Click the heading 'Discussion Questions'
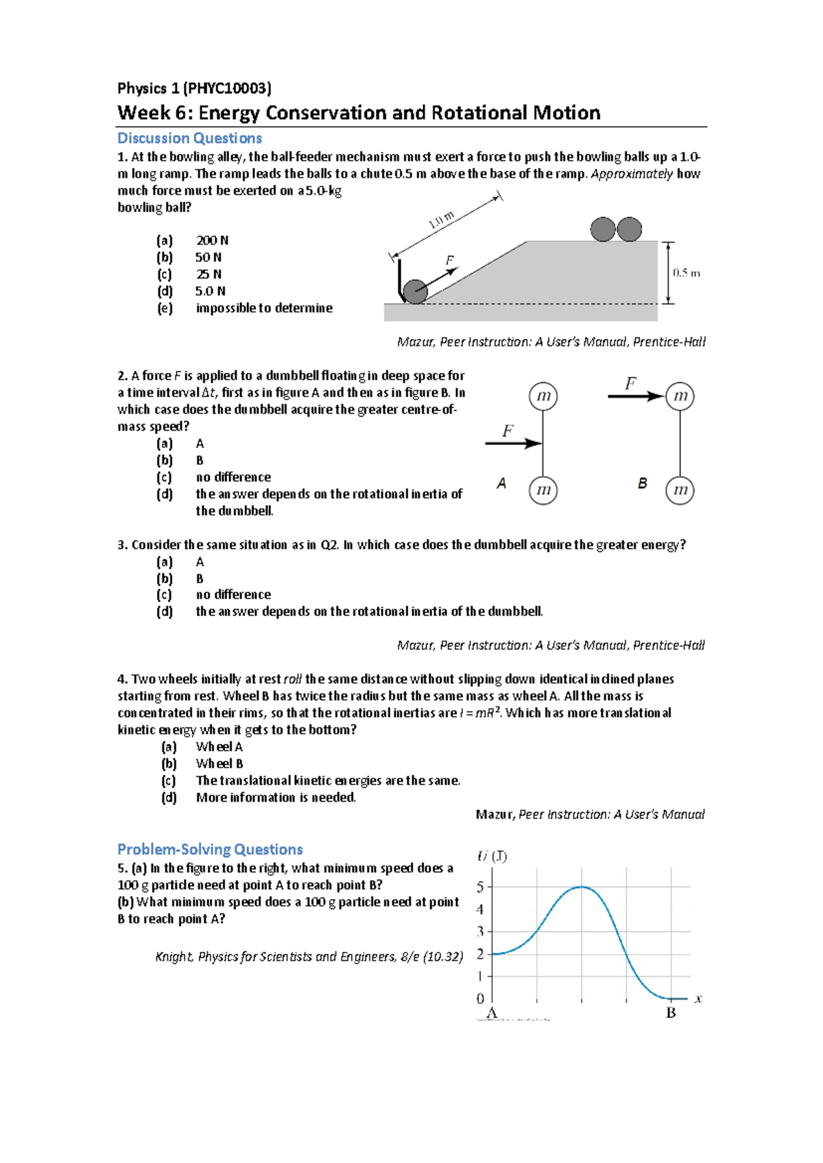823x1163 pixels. coord(189,139)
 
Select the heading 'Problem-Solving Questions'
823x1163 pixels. coord(210,849)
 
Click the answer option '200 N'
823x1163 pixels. coord(212,240)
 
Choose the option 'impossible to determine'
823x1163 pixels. coord(264,308)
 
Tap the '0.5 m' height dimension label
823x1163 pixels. coord(687,273)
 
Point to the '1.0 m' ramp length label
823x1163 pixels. coord(441,220)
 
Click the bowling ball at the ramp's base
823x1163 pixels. coord(415,291)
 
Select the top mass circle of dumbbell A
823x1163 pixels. coord(543,396)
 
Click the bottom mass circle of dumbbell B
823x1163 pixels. coord(680,490)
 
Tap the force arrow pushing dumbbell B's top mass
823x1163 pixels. coord(636,396)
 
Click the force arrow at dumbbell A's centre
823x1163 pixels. coord(513,444)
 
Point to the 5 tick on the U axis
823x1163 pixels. coord(481,887)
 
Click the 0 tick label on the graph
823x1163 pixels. coord(480,998)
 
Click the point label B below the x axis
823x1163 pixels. coord(671,1013)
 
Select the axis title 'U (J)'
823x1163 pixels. coord(492,856)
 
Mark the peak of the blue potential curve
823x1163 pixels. coord(582,887)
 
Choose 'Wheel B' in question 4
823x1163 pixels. coord(219,763)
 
